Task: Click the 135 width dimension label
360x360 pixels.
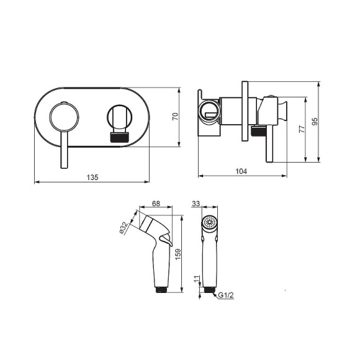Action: tap(92, 178)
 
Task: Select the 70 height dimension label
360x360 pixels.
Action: tap(175, 117)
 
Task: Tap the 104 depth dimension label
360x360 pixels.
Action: tap(241, 171)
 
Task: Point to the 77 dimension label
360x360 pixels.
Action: tap(302, 129)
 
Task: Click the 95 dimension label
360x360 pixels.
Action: tap(315, 121)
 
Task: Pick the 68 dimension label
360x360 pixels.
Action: tap(156, 204)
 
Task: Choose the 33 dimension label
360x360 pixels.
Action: tap(196, 204)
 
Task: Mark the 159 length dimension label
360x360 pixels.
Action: tap(178, 254)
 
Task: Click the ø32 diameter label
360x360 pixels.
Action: tap(124, 228)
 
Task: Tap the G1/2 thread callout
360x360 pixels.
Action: tap(226, 295)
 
